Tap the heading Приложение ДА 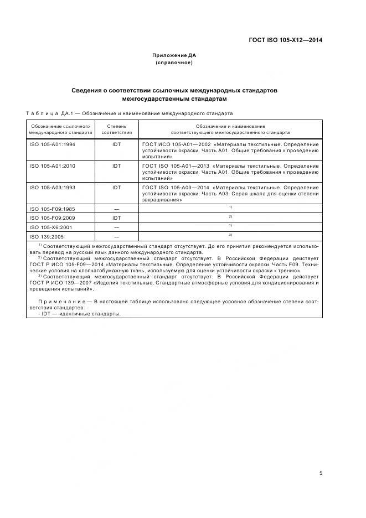point(174,55)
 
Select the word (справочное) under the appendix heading point(174,63)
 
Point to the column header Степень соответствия point(117,129)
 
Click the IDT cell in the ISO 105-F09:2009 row point(117,218)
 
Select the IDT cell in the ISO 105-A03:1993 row point(117,188)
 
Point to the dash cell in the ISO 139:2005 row point(117,236)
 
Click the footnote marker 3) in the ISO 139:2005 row point(230,235)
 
